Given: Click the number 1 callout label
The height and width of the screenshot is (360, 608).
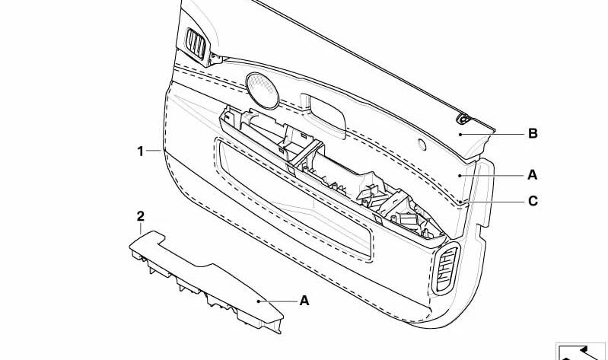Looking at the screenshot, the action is coord(140,151).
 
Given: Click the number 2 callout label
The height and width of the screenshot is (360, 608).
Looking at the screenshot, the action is coord(140,216).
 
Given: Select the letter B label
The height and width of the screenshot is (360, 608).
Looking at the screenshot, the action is coord(533,134).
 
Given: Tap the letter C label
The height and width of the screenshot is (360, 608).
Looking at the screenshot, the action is coord(533,201).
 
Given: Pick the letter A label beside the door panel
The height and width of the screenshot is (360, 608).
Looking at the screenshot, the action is coord(533,175).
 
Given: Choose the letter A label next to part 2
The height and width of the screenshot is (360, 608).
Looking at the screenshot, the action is coord(304,301).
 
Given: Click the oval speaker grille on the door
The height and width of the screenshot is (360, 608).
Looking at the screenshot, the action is coord(262,91).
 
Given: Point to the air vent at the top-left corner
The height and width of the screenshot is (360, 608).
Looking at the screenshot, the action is coord(196,43).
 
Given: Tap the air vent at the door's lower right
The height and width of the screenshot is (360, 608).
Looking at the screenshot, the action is coord(447,269).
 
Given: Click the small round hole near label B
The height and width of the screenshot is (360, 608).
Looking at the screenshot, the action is coord(422,145).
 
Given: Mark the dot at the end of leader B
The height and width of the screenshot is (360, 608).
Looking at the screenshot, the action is coord(460,135).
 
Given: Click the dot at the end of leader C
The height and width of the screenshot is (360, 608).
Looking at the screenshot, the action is coord(460,202).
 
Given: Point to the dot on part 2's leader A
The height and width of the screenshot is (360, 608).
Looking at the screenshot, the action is coord(258,301).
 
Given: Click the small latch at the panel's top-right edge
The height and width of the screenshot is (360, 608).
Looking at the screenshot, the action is coord(463,119).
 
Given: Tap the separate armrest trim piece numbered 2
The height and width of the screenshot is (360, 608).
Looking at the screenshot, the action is coord(205,279).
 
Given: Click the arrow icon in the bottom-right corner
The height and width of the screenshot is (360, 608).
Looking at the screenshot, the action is coord(581,352).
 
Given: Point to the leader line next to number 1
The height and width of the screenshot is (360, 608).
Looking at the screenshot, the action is coord(154,151).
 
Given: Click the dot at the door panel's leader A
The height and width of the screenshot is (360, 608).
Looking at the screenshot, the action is coord(460,176).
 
